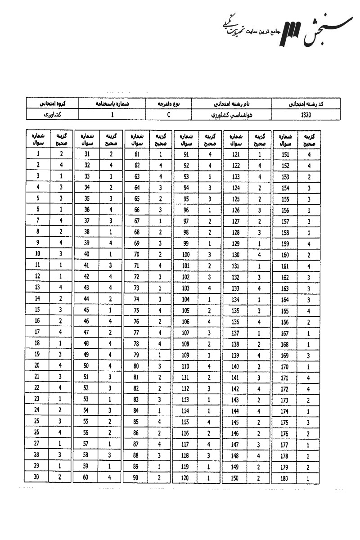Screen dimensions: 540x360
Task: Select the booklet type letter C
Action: coord(167,115)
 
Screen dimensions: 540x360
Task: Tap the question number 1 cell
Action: coord(38,154)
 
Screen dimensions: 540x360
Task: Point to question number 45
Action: coord(87,309)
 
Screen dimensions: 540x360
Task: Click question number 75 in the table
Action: coord(137,309)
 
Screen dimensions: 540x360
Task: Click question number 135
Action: coord(235,310)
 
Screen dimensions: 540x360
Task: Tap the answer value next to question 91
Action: coord(210,154)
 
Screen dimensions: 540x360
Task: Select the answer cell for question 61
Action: coord(160,154)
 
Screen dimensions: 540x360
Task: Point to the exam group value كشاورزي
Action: coord(52,115)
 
